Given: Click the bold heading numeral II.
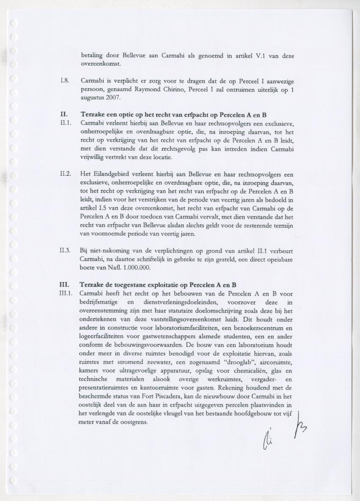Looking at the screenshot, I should pyautogui.click(x=64, y=115).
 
